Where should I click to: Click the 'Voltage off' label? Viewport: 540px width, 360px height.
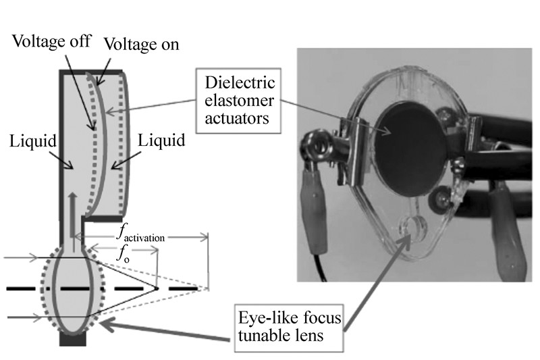click(51, 38)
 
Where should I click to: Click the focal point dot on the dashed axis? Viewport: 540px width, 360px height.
click(156, 288)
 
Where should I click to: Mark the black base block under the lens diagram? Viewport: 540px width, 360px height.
click(73, 340)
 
